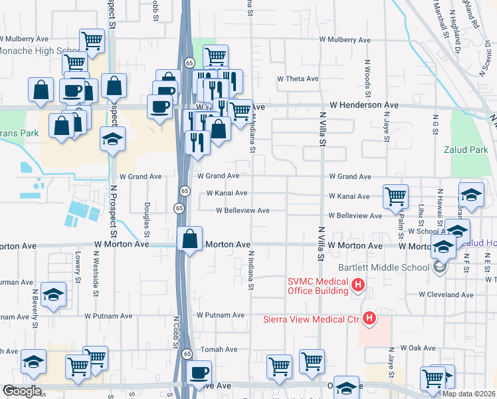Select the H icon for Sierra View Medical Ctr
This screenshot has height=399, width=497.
tap(369, 320)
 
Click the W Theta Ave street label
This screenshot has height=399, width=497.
tap(298, 79)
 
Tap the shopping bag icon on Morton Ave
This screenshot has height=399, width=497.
tap(190, 238)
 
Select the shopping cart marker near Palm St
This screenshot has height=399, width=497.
tap(395, 196)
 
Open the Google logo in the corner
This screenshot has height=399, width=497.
tap(21, 391)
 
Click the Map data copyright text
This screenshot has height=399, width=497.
tap(468, 394)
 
